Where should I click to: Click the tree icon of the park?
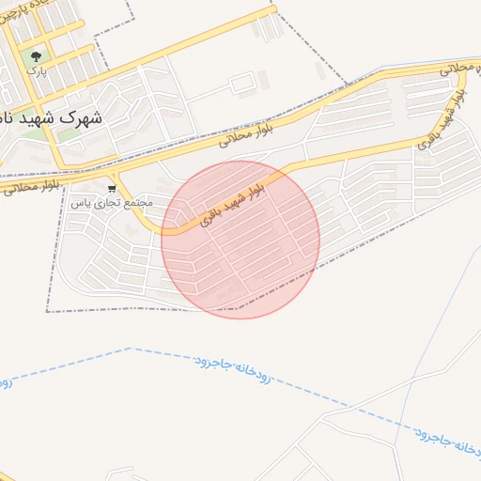(x=37, y=55)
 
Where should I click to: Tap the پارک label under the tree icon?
(x=36, y=70)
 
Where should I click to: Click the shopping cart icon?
(x=112, y=188)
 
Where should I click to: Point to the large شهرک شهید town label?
(x=56, y=119)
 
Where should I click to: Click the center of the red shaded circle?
(x=240, y=240)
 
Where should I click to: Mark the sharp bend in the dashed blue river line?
(x=130, y=349)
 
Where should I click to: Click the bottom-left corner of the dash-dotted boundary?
(x=47, y=311)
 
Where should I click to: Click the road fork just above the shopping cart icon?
(x=113, y=175)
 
